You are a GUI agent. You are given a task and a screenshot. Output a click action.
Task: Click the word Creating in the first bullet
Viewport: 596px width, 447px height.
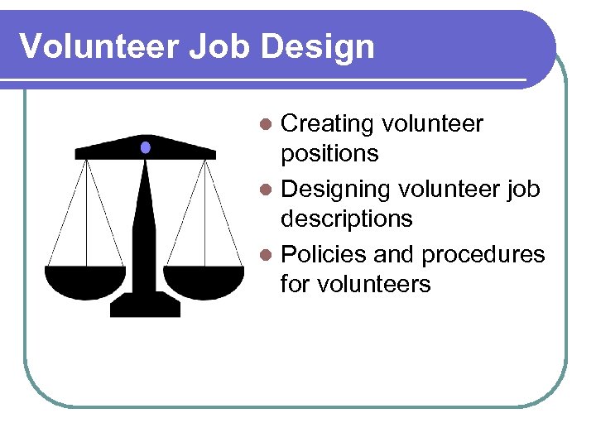click(x=328, y=124)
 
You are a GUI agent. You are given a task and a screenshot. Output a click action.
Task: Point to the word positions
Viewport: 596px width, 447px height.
click(x=329, y=154)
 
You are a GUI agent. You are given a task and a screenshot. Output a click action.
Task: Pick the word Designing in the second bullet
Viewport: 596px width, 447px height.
click(x=336, y=190)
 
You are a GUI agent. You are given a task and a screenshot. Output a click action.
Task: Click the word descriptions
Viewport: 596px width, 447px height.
click(x=346, y=219)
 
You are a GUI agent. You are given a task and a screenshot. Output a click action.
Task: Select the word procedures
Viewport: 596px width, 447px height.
click(x=483, y=254)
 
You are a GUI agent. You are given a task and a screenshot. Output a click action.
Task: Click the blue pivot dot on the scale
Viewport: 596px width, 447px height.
click(x=146, y=147)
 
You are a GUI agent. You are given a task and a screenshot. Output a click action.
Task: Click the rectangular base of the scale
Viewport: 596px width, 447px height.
click(x=145, y=305)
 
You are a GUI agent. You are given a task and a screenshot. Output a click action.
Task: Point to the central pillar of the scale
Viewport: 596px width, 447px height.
click(x=146, y=223)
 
